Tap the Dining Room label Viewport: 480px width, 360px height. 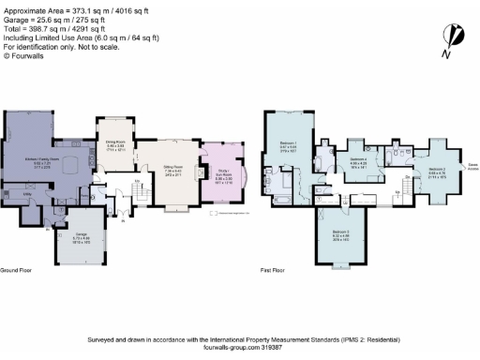[x=115, y=146]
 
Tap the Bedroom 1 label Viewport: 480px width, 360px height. [x=289, y=145]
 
